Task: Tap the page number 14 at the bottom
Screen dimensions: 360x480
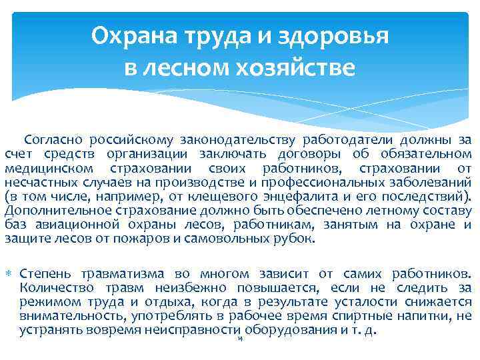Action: pyautogui.click(x=239, y=339)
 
